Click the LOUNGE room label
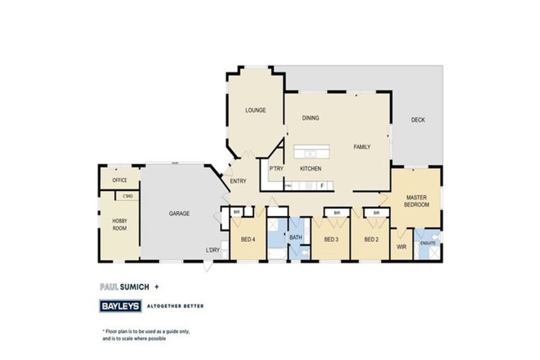click(x=255, y=110)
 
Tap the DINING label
click(x=311, y=118)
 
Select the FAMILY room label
click(x=362, y=147)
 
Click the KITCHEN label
click(x=311, y=169)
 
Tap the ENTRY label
click(x=238, y=181)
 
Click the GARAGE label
click(x=179, y=213)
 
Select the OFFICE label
click(x=120, y=180)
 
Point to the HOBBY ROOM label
click(x=120, y=224)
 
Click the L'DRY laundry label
click(x=212, y=250)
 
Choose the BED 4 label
click(x=248, y=239)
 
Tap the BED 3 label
click(x=331, y=239)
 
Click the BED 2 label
click(x=371, y=239)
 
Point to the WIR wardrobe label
click(x=402, y=247)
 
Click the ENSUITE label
click(x=428, y=243)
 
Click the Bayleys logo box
click(x=120, y=306)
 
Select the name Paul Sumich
click(x=120, y=287)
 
